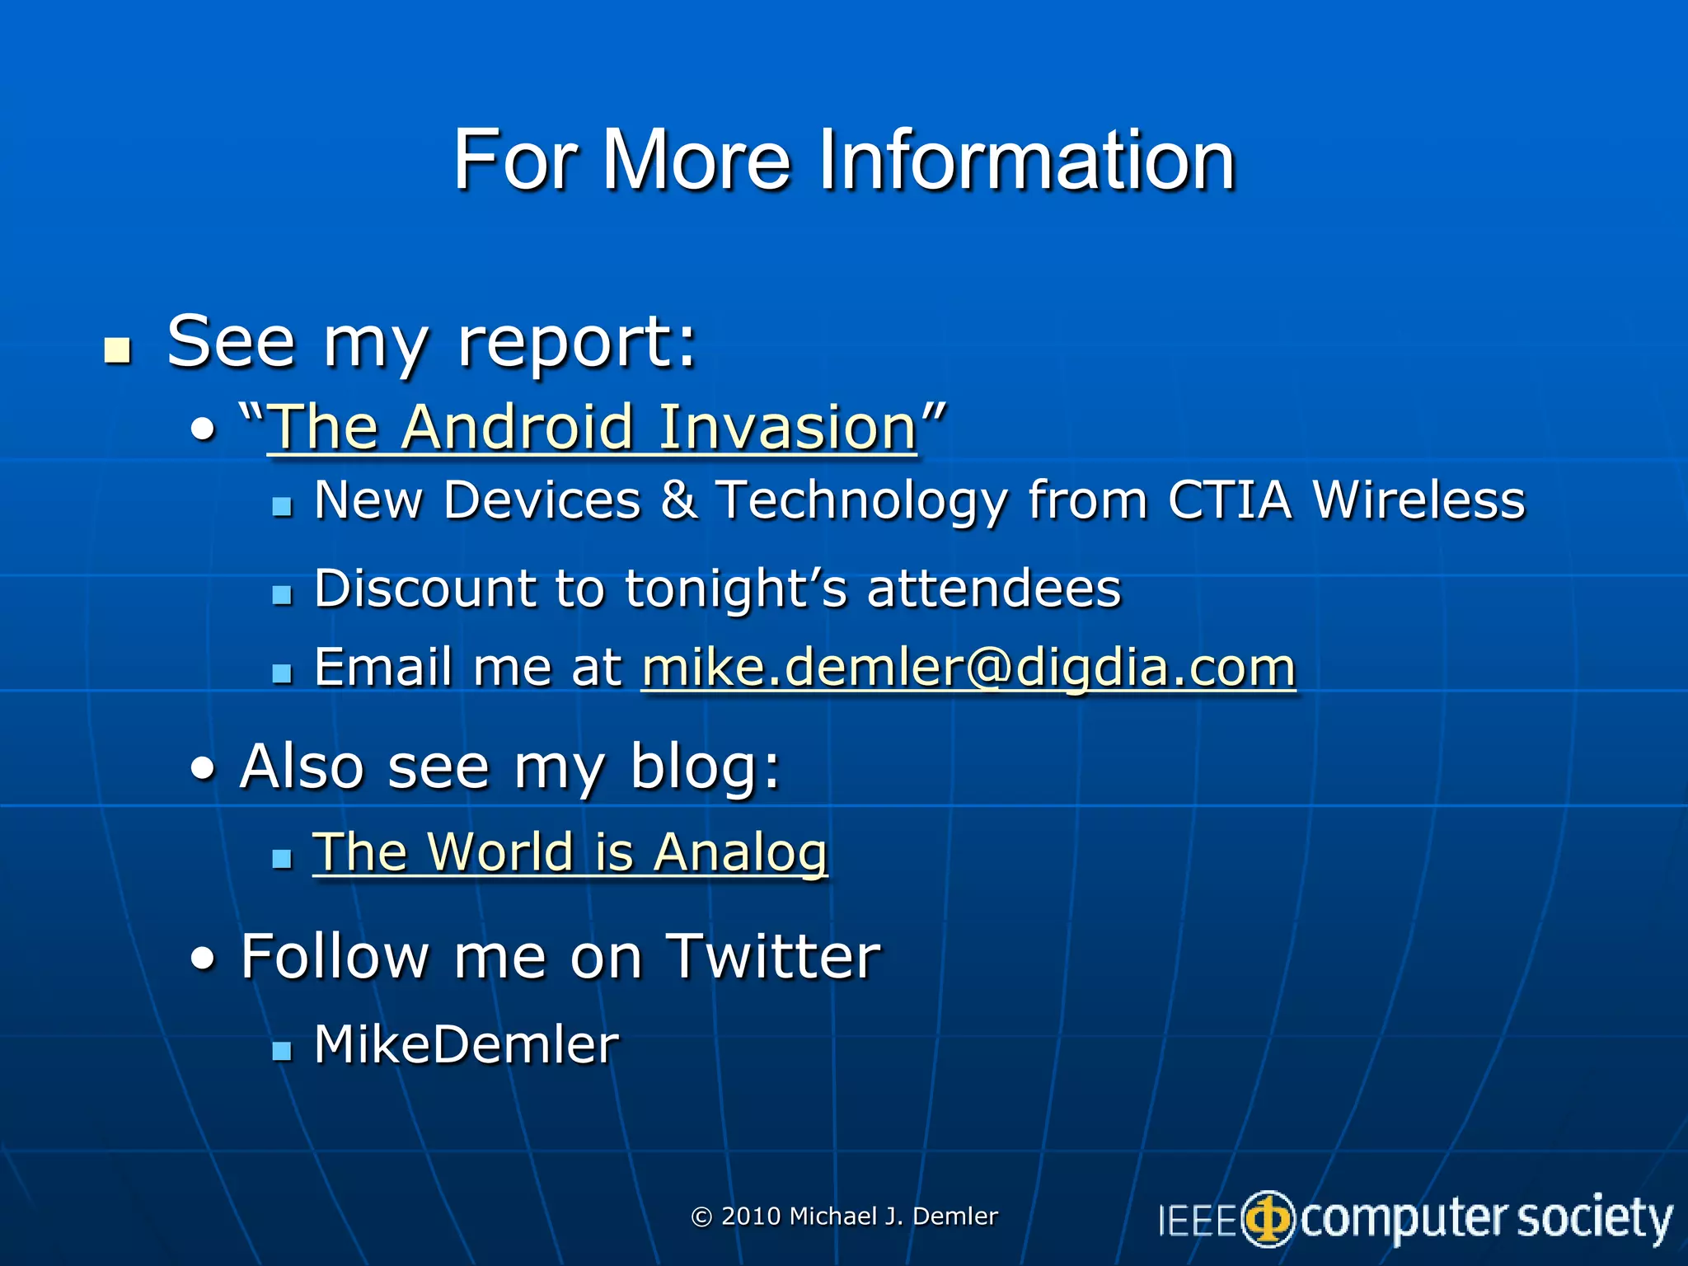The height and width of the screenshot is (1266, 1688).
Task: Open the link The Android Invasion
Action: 592,428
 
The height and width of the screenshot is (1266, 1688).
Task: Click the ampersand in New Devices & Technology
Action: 678,500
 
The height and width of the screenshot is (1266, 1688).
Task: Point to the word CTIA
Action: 1229,500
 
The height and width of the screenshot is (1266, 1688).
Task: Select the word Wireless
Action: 1418,500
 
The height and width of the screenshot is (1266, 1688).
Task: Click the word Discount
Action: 424,588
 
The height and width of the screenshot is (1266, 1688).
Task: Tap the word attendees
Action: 993,588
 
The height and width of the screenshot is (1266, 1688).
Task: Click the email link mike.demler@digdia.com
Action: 968,668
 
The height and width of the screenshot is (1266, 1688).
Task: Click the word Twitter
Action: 772,957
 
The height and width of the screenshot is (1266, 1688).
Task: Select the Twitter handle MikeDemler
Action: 466,1045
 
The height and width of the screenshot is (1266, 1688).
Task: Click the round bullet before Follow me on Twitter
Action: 203,958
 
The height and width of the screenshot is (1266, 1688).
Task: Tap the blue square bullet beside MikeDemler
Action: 282,1050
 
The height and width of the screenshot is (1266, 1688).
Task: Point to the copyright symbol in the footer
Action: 701,1217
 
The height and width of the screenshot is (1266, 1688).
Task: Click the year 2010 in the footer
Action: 751,1217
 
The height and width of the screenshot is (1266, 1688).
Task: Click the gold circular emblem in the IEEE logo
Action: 1268,1219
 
